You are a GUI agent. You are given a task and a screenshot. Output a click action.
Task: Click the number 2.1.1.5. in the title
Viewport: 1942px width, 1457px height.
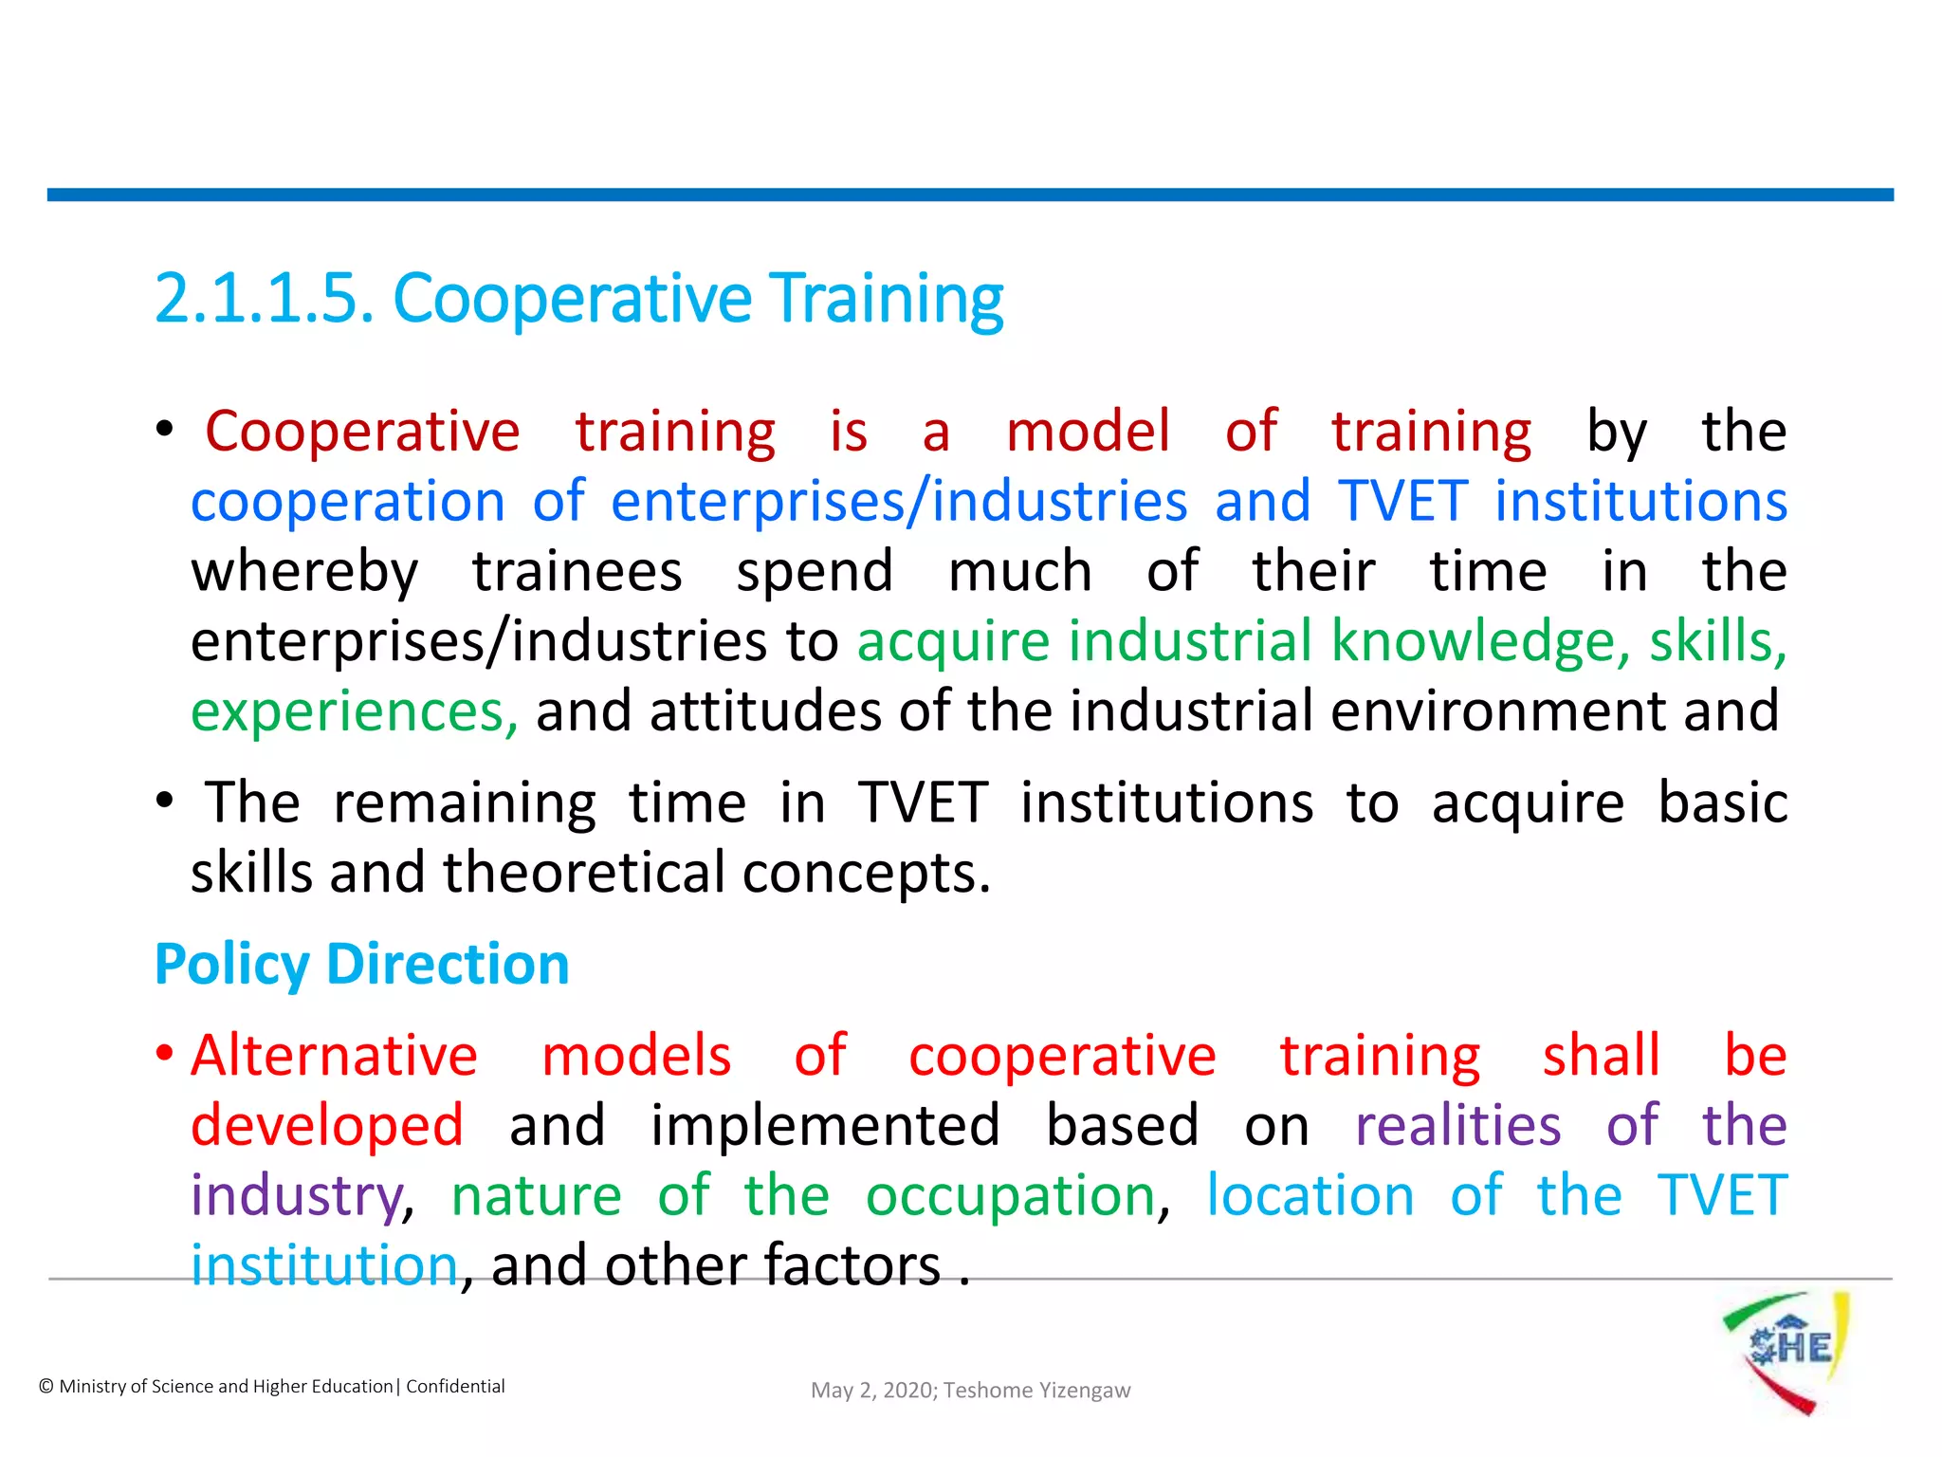(264, 299)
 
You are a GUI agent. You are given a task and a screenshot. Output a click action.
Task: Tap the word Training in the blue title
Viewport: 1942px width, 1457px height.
(886, 299)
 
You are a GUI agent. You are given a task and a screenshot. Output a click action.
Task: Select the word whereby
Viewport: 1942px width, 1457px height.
(304, 572)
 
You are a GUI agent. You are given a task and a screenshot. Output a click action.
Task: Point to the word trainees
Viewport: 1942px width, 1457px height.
(577, 572)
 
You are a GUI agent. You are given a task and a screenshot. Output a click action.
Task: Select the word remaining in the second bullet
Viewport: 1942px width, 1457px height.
(465, 803)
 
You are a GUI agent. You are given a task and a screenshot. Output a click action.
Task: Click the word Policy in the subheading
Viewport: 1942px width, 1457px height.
(231, 965)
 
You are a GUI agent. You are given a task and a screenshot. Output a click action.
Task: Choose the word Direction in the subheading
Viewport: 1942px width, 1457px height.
(448, 965)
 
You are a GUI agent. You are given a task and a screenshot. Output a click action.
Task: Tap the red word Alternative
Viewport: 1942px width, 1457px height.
(334, 1056)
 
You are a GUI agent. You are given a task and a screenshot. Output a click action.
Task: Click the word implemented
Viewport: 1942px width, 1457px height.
(825, 1126)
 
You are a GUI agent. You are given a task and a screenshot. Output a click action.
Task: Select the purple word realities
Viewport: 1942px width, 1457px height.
(1457, 1126)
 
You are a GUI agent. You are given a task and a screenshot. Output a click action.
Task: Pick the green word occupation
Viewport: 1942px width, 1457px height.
(1011, 1195)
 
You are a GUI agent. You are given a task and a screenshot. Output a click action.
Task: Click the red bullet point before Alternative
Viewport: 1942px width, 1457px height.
(165, 1054)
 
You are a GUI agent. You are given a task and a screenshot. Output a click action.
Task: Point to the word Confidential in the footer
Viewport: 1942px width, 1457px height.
(455, 1387)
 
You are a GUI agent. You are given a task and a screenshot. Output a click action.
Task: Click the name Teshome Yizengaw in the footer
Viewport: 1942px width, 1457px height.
(1036, 1391)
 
